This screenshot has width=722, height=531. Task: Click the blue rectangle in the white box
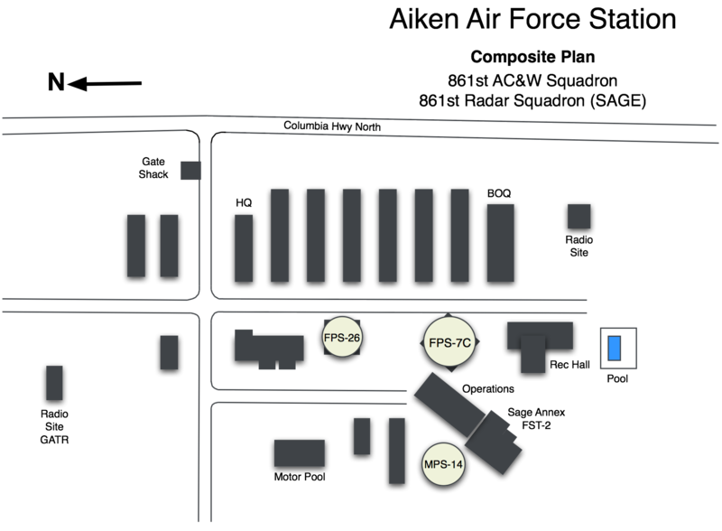[x=616, y=349]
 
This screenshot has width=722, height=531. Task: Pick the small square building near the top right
[x=579, y=216]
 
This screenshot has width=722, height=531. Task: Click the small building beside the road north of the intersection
[x=190, y=171]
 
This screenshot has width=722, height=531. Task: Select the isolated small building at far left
[x=54, y=382]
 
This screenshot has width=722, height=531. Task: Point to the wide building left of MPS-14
[x=299, y=452]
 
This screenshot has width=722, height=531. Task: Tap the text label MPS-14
[x=444, y=465]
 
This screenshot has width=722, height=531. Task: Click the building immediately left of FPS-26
[x=269, y=347]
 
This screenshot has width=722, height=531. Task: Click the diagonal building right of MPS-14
[x=494, y=441]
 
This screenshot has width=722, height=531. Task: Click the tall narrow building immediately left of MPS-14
[x=396, y=450]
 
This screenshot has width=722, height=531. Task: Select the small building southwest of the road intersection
[x=169, y=351]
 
